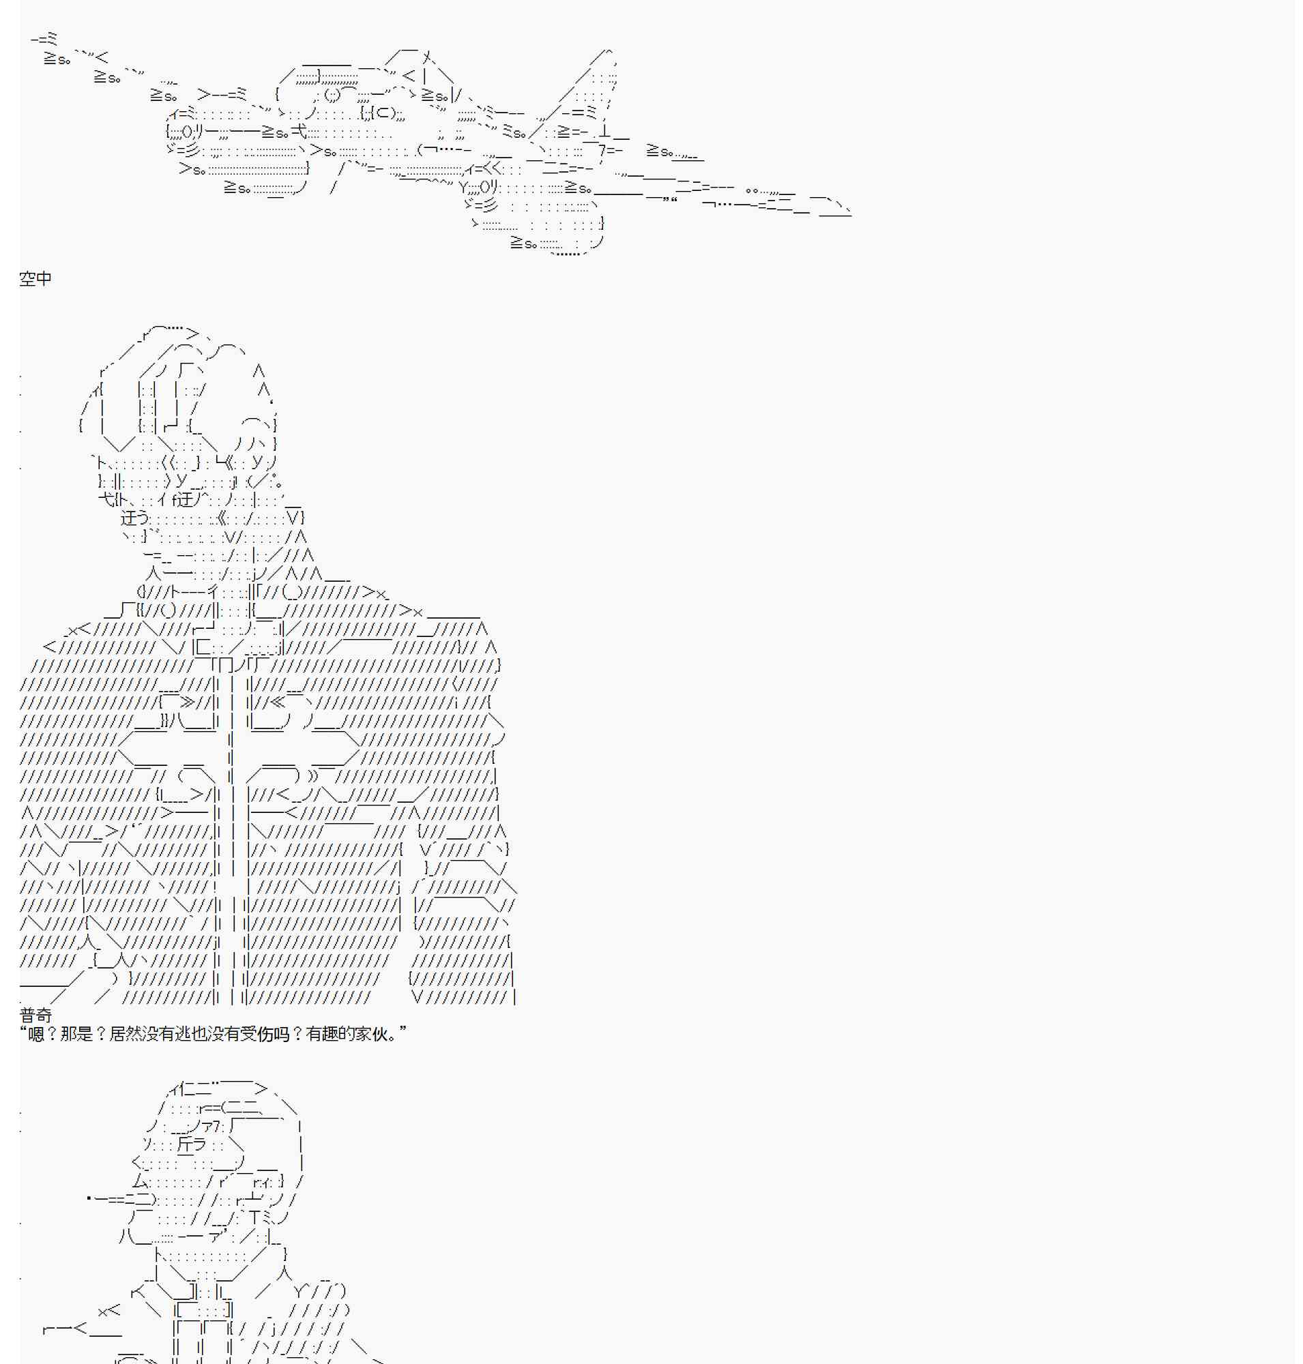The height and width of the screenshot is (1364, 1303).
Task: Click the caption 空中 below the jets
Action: pos(35,278)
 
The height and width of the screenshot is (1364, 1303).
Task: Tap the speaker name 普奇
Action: pos(35,1015)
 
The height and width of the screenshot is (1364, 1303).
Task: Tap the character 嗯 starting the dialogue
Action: pos(36,1034)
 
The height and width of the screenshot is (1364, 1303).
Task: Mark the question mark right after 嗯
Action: pos(52,1034)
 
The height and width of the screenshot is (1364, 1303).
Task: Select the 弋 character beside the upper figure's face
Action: pos(106,499)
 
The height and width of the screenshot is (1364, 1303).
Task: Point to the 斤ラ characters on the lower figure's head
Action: pos(192,1144)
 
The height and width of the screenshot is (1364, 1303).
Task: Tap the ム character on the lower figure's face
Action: pos(141,1181)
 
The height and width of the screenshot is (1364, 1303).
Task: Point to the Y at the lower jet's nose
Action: pos(464,187)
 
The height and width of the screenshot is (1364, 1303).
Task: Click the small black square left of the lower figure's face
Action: pos(89,1198)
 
